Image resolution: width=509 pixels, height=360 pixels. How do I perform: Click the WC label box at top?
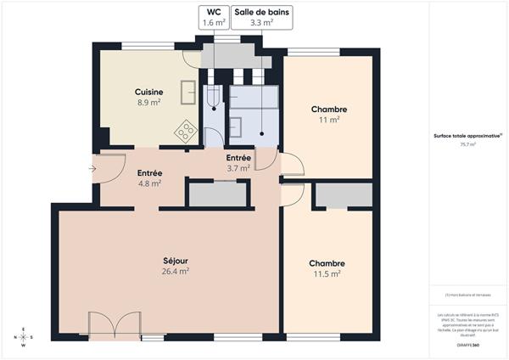click(x=213, y=18)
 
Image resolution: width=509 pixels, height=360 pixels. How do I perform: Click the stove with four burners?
click(x=186, y=132)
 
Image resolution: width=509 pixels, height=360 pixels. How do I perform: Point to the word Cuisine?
click(x=148, y=92)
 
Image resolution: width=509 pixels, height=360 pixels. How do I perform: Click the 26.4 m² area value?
click(x=175, y=272)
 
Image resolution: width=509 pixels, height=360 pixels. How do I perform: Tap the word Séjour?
click(x=175, y=260)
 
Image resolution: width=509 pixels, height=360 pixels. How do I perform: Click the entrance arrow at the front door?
click(x=92, y=167)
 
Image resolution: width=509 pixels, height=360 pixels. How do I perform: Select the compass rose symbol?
click(x=24, y=336)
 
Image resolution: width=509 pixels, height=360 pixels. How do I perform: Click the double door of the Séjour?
click(x=114, y=324)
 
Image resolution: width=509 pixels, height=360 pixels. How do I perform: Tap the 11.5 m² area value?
click(x=327, y=274)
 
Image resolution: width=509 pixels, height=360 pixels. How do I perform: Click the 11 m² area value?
click(x=328, y=121)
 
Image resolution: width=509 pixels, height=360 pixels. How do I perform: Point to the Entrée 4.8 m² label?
click(x=149, y=177)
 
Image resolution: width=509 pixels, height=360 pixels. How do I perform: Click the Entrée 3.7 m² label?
click(x=238, y=163)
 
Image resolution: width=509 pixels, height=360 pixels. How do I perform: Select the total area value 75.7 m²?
click(x=467, y=145)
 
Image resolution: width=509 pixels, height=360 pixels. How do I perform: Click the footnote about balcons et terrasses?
click(x=467, y=295)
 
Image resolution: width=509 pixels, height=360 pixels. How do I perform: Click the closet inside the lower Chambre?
click(x=343, y=194)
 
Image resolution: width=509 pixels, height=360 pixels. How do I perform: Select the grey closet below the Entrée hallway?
click(x=218, y=194)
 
